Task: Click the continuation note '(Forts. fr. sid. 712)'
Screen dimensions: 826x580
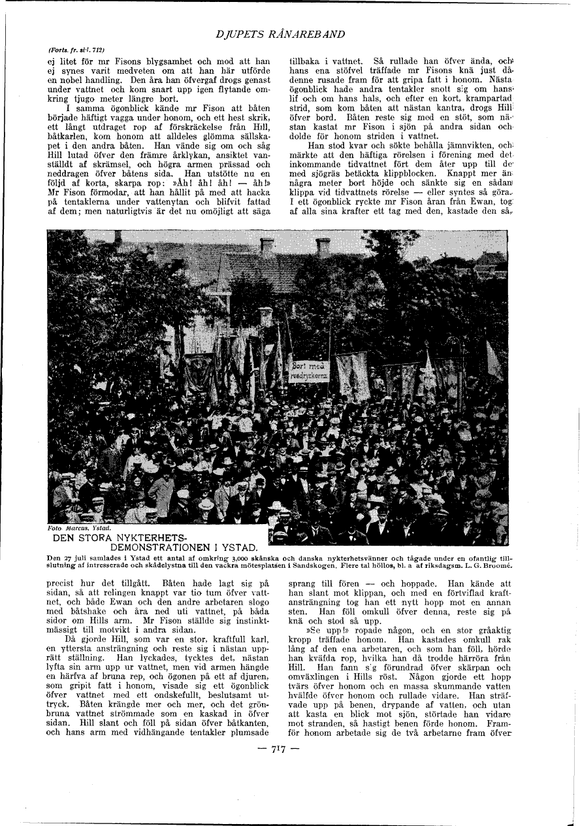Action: point(77,49)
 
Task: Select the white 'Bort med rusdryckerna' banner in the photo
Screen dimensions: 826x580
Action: point(310,371)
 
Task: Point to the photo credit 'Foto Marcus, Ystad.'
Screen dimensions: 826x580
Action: point(80,527)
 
